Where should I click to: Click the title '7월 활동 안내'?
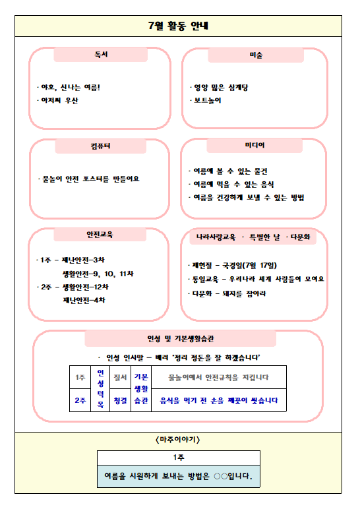pyautogui.click(x=179, y=26)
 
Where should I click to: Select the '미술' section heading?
pyautogui.click(x=256, y=55)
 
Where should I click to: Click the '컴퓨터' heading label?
pyautogui.click(x=101, y=146)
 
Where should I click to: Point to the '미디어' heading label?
pyautogui.click(x=255, y=144)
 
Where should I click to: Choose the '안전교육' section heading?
pyautogui.click(x=101, y=235)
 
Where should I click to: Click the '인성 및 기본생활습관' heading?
pyautogui.click(x=179, y=339)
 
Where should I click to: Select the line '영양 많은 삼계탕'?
pyautogui.click(x=220, y=87)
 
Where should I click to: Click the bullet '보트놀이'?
pyautogui.click(x=206, y=101)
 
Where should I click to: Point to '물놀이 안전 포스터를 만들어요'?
pyautogui.click(x=90, y=179)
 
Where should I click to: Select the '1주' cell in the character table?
pyautogui.click(x=80, y=378)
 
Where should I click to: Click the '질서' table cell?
pyautogui.click(x=120, y=378)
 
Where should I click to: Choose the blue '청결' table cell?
pyautogui.click(x=120, y=400)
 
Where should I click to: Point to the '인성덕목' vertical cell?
pyautogui.click(x=101, y=388)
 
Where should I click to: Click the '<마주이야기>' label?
pyautogui.click(x=178, y=438)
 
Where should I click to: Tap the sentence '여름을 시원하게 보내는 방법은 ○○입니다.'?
pyautogui.click(x=179, y=475)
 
